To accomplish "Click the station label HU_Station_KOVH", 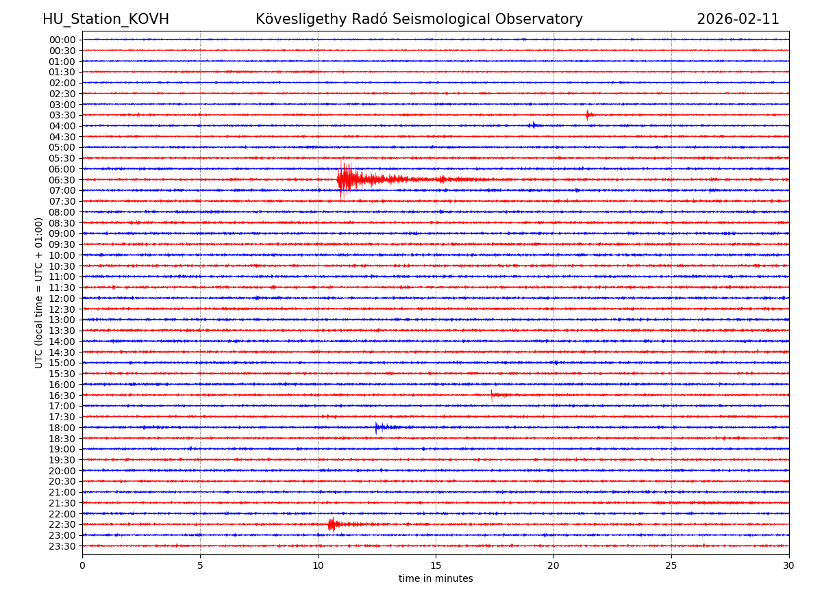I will click(105, 19).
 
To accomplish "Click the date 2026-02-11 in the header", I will click(738, 19).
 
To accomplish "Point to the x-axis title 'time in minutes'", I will click(436, 578).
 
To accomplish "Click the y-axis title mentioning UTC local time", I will click(39, 293).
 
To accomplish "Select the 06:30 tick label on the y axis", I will click(62, 180).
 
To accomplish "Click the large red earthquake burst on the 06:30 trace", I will click(346, 179).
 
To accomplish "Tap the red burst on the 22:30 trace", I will click(332, 524).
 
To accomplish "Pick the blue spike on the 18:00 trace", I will click(377, 427).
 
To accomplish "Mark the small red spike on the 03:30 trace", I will click(588, 114).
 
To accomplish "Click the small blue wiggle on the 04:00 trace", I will click(532, 125).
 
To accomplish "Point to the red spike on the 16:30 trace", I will click(492, 394).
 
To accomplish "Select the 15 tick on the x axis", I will click(436, 565).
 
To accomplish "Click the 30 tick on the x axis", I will click(788, 565).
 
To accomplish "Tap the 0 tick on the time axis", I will click(82, 565).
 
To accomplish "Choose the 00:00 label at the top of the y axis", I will click(62, 40).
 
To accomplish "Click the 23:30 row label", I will click(62, 546).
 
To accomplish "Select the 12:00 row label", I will click(62, 298).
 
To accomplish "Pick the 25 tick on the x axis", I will click(671, 565).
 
